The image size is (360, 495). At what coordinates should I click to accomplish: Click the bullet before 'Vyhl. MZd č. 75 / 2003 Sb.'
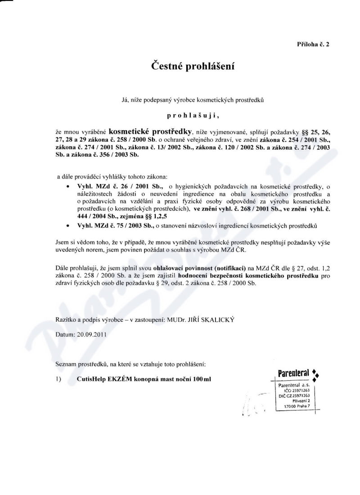[x=67, y=224]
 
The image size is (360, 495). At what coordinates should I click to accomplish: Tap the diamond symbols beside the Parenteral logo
[x=316, y=375]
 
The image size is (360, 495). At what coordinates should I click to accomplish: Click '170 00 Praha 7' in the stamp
[x=294, y=406]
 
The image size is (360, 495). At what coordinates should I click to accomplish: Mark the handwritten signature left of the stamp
[x=252, y=400]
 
